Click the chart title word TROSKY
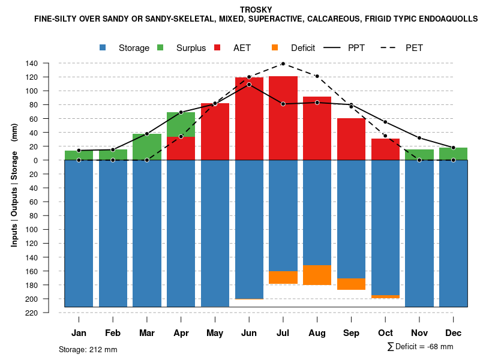[256, 10]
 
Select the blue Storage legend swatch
[104, 47]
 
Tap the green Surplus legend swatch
[161, 47]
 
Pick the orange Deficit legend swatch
[275, 47]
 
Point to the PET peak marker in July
[283, 63]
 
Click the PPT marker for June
[249, 85]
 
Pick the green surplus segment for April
[181, 124]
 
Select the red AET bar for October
[385, 149]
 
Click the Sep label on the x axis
[352, 333]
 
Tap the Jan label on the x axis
[79, 333]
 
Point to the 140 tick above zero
[32, 63]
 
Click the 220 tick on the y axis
[32, 313]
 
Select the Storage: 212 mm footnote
[88, 349]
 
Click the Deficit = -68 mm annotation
[420, 347]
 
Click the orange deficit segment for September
[352, 284]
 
